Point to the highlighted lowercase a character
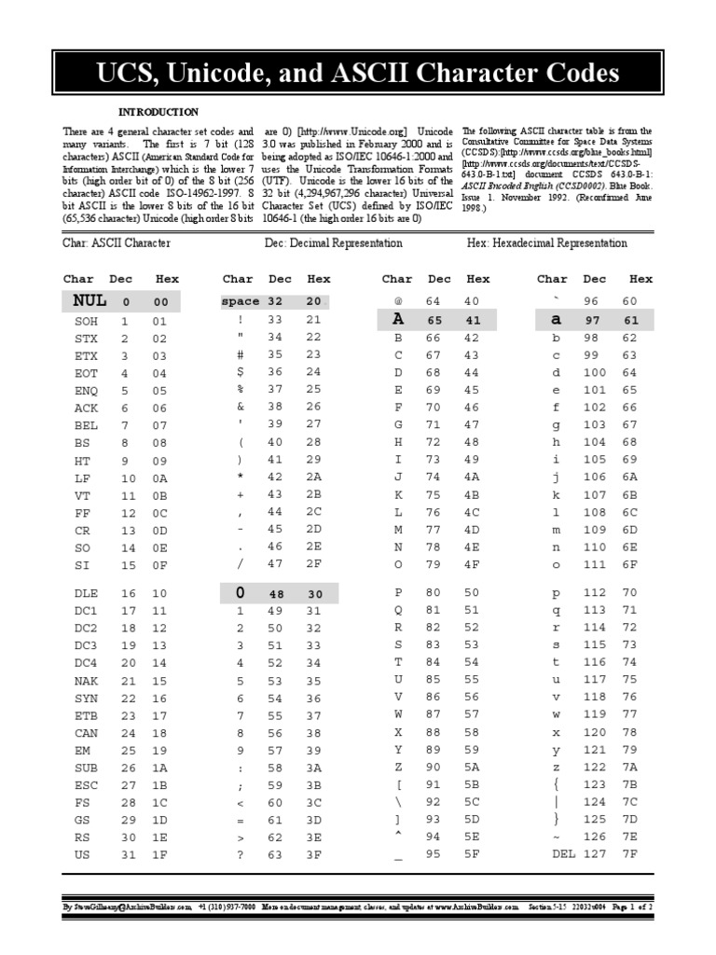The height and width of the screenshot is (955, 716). tap(557, 320)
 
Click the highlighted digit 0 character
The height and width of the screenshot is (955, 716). tap(240, 593)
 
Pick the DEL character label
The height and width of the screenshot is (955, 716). tap(564, 852)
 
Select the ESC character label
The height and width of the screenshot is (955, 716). tap(86, 785)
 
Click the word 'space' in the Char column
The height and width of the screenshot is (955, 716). tap(241, 301)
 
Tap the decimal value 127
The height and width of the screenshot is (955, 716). tap(595, 852)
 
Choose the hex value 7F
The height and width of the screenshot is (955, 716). tap(629, 852)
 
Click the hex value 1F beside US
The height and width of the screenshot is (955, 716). tap(159, 852)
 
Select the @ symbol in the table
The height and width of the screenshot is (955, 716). tap(398, 301)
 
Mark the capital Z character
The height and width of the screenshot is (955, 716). tap(398, 766)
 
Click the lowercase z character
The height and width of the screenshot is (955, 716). tap(557, 766)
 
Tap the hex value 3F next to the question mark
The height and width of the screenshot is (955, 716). tap(314, 852)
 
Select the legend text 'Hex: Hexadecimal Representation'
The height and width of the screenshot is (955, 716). tap(546, 243)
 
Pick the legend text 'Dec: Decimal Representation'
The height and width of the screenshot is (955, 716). tap(333, 243)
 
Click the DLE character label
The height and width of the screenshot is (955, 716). tap(86, 593)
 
